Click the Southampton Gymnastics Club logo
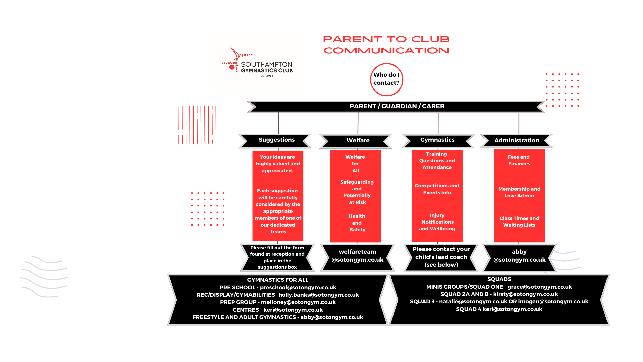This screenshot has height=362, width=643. tap(257, 62)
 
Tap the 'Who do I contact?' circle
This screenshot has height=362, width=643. tap(386, 79)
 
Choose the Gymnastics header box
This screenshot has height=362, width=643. tap(438, 141)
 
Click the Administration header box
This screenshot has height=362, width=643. tap(516, 140)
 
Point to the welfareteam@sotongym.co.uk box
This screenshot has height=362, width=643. tap(357, 257)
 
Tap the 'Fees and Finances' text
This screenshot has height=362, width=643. tap(519, 160)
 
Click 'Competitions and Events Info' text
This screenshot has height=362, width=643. tap(437, 189)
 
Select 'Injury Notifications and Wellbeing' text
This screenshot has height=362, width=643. tap(437, 222)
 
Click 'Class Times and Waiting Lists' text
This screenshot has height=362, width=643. tap(519, 222)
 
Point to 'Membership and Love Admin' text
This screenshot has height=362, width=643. tap(519, 192)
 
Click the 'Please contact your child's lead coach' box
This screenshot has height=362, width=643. tap(441, 257)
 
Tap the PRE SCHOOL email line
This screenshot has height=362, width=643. tap(278, 288)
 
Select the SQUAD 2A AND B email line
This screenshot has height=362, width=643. tap(499, 294)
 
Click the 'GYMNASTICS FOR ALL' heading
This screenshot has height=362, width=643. tap(278, 280)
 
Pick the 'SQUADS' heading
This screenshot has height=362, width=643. tap(499, 279)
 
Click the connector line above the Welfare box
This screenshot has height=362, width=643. tap(358, 123)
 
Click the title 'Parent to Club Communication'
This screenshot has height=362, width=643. tap(386, 45)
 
